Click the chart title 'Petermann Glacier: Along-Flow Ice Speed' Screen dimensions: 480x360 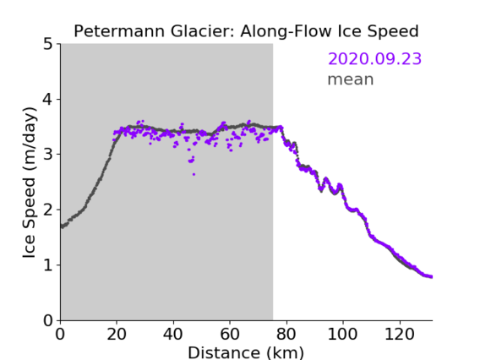coord(246,31)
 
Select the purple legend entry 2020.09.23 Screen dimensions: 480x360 coord(374,59)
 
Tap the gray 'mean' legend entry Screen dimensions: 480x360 coord(351,79)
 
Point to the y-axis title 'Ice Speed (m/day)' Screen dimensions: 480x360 coord(30,183)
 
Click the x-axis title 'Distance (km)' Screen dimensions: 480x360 coord(246,352)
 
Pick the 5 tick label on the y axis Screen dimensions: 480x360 coord(48,45)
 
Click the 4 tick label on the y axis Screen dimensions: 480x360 coord(48,100)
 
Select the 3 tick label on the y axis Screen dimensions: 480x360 coord(48,155)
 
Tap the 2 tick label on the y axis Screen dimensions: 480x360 coord(48,210)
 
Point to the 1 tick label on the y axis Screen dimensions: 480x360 coord(48,265)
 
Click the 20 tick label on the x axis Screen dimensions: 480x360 coord(117,334)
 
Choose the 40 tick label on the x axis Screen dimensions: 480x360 coord(173,334)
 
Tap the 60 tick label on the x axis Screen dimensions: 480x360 coord(230,334)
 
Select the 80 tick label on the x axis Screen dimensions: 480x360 coord(286,334)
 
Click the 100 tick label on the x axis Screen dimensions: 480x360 coord(342,334)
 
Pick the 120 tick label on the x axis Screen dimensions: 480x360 coord(400,334)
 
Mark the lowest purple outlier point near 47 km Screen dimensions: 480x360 coord(194,174)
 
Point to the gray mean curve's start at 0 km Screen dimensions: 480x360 coord(62,226)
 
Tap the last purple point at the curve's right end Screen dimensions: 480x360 coord(431,277)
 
